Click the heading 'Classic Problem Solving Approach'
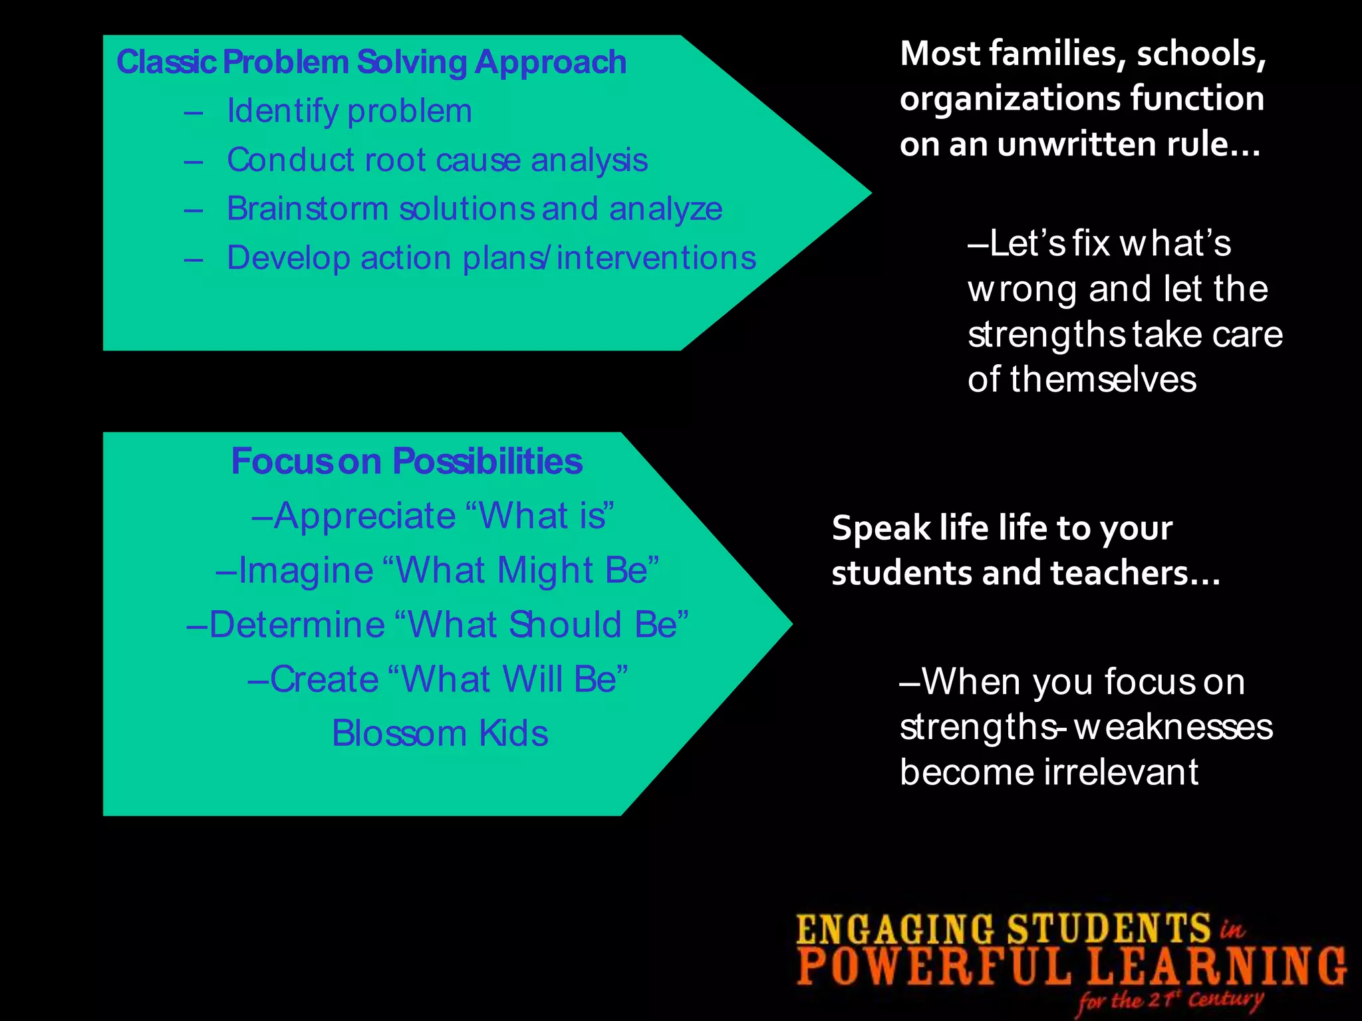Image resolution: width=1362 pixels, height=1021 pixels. click(371, 62)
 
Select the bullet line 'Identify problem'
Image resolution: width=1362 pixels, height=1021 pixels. click(349, 111)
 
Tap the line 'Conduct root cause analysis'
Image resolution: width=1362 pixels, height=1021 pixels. click(437, 160)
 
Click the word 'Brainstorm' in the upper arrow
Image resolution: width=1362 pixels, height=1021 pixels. click(307, 209)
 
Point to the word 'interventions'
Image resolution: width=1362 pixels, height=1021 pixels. click(656, 258)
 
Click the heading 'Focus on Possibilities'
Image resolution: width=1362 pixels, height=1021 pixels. click(406, 461)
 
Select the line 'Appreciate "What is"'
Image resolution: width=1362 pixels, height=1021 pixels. click(433, 516)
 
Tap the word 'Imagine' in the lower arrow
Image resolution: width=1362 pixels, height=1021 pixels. click(306, 570)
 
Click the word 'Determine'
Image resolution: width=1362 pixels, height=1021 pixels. click(297, 625)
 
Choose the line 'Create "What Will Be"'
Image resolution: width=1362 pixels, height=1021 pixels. click(438, 679)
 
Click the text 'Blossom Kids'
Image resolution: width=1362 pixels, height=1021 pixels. click(440, 734)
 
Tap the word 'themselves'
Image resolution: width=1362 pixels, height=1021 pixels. click(1103, 380)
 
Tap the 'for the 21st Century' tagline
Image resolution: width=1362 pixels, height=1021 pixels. click(1170, 1000)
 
